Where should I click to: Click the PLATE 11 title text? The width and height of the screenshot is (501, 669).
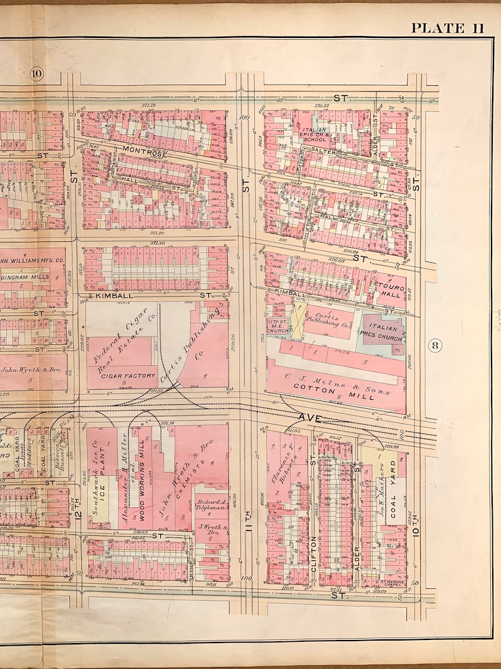tap(447, 28)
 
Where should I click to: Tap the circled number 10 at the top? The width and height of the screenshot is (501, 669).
tap(36, 74)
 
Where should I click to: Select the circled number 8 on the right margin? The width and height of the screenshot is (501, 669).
tap(435, 345)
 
